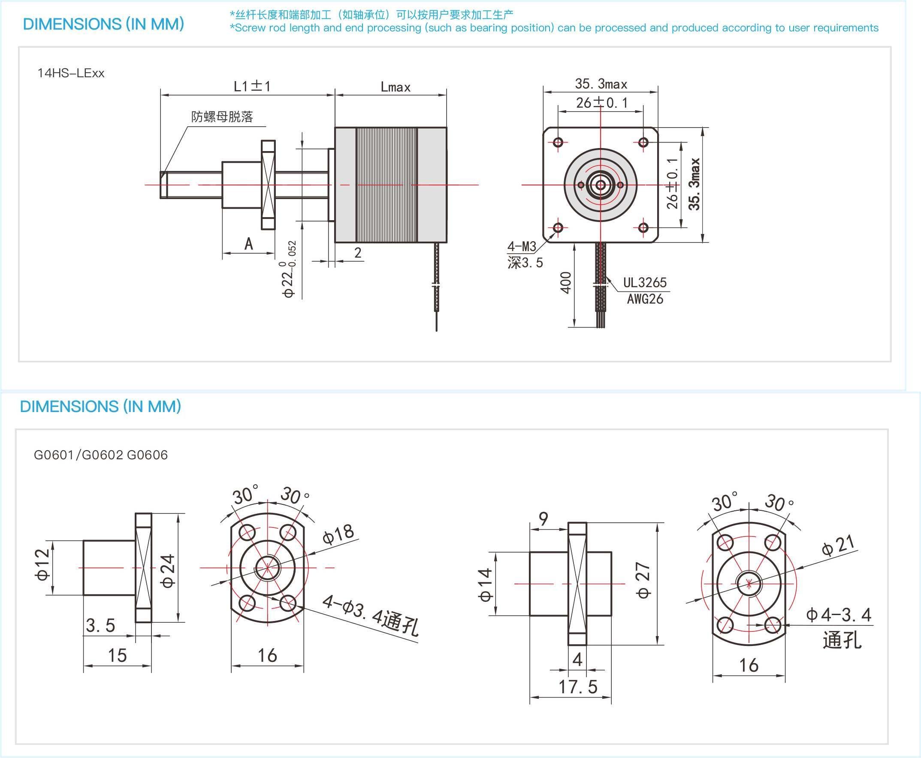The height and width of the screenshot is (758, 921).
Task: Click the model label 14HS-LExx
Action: [x=71, y=73]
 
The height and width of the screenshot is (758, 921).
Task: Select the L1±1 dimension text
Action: [x=252, y=86]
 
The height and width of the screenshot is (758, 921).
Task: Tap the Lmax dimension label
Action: [x=395, y=87]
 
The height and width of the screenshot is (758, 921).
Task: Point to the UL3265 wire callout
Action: [x=644, y=282]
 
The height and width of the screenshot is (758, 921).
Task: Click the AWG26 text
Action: [x=645, y=299]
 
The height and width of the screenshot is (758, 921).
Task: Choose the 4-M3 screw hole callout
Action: [x=521, y=247]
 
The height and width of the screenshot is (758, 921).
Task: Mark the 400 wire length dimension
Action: [x=565, y=282]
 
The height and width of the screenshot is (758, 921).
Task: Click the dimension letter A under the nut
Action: [x=248, y=244]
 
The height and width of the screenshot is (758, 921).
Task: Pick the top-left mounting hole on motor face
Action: [x=558, y=142]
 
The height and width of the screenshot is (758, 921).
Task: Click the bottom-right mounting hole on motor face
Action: [x=643, y=227]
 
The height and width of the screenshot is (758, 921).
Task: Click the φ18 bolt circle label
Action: [x=338, y=534]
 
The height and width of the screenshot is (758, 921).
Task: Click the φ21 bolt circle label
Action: [x=838, y=546]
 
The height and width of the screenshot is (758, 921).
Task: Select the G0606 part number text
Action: [x=147, y=455]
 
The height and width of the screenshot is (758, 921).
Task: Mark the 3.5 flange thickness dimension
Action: [x=100, y=625]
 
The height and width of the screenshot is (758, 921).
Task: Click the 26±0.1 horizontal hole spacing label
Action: [x=602, y=103]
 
